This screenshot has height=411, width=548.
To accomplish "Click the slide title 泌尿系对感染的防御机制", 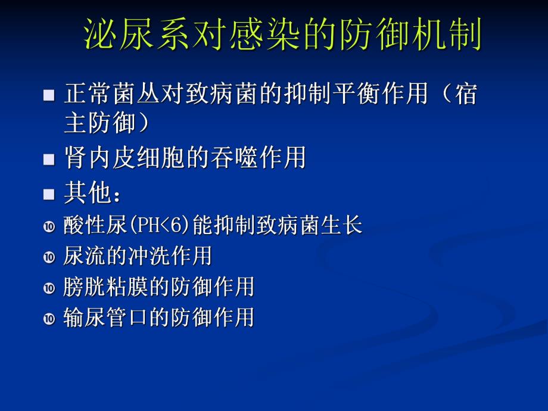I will [282, 34].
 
